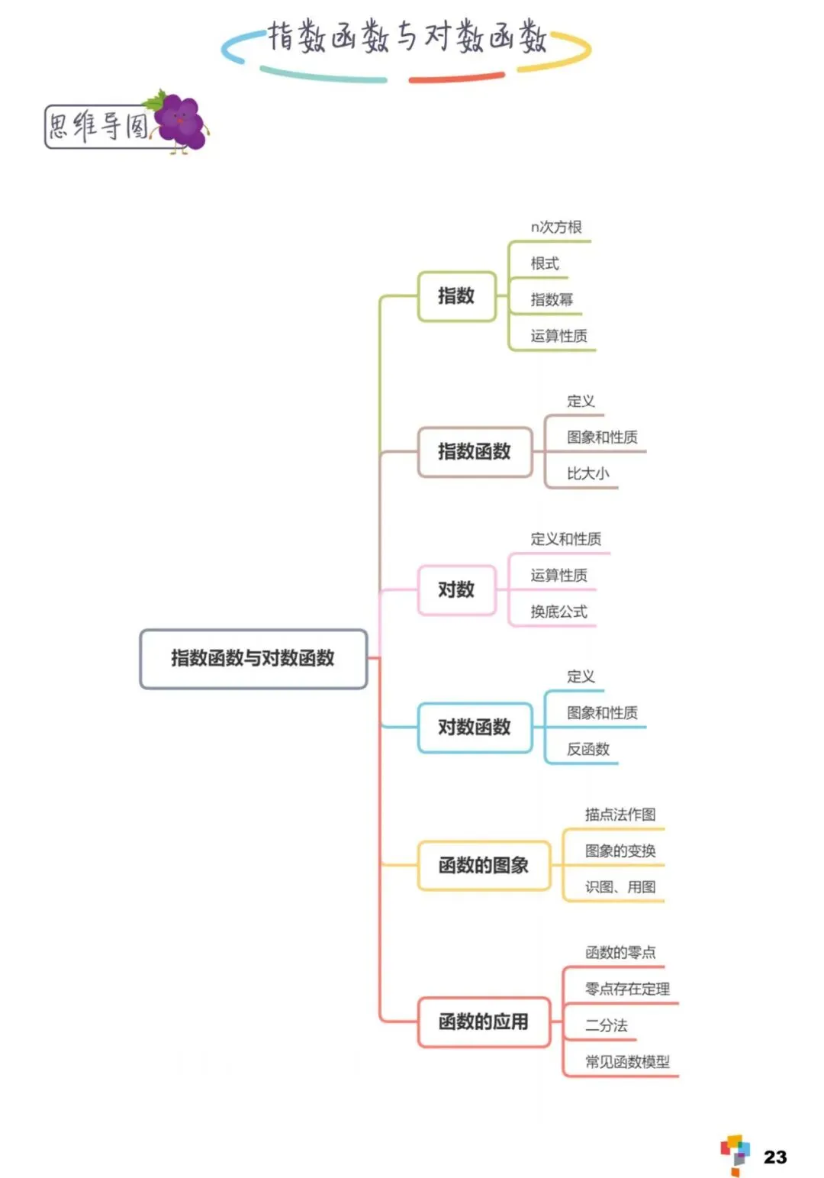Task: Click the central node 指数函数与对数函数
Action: point(253,658)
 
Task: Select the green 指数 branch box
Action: point(456,296)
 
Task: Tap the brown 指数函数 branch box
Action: point(474,452)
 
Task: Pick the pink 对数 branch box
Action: point(456,590)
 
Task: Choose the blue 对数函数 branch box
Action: point(474,728)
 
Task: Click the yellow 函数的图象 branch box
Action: point(483,866)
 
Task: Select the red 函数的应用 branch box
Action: point(483,1021)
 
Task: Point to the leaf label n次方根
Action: point(556,228)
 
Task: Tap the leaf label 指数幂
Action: point(552,300)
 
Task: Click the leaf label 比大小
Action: point(587,474)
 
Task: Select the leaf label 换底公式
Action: point(558,612)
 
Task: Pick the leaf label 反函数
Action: point(587,750)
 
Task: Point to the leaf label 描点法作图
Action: point(620,815)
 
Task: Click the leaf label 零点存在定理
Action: point(627,989)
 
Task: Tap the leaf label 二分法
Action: point(606,1025)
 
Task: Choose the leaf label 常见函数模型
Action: point(627,1062)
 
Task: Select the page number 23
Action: point(774,1157)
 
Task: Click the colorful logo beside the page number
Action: point(735,1154)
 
